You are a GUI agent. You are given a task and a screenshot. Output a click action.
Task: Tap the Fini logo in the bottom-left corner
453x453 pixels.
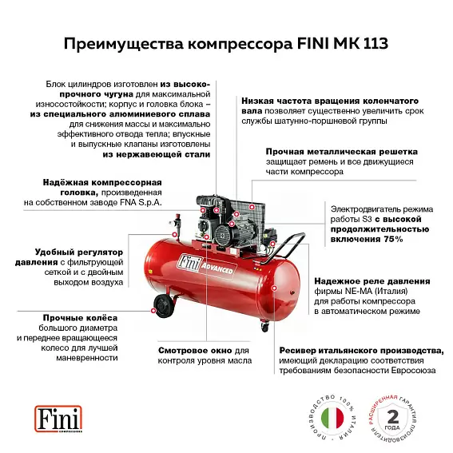58,419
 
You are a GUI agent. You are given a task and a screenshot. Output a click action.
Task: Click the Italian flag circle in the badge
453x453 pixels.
332,418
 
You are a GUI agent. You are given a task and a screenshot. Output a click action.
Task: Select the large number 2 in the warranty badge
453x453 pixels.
392,416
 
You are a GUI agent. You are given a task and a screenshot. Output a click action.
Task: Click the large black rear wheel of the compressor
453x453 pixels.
164,306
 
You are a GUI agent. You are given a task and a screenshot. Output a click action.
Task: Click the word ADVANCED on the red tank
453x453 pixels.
217,268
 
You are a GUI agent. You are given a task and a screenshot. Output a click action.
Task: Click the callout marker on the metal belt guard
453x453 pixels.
252,207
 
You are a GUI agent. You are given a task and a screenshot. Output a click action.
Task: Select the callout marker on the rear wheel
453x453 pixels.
153,311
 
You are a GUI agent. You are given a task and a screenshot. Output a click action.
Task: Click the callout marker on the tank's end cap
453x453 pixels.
274,288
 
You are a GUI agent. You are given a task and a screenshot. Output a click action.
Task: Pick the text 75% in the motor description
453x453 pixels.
393,239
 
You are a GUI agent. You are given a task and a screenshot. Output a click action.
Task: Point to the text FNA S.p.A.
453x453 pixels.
141,202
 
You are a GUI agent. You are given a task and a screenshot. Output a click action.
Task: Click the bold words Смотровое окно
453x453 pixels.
195,351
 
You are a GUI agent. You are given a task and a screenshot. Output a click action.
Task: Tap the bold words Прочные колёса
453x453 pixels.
81,318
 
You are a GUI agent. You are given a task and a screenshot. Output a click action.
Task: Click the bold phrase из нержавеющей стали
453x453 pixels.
157,154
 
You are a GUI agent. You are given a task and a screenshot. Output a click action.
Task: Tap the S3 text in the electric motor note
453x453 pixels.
367,219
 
